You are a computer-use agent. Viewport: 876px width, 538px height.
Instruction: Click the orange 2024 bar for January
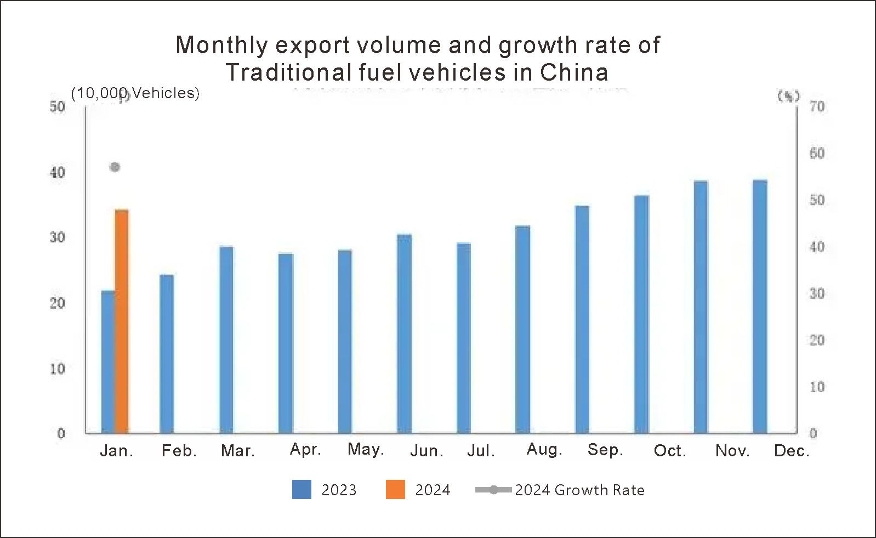pos(122,321)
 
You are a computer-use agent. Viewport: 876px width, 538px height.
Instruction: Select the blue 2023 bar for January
pos(107,362)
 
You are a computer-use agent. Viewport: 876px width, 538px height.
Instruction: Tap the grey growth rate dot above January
pos(115,167)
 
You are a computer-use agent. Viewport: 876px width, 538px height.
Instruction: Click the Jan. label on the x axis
pos(116,451)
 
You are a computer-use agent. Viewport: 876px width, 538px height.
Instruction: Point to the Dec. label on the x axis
pos(791,451)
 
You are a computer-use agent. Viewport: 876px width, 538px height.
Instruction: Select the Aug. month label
pos(544,450)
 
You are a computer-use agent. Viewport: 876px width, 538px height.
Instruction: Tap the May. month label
pos(366,450)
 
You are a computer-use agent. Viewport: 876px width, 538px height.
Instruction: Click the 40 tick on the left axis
pos(58,173)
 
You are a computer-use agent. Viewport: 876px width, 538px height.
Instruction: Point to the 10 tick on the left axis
pos(58,369)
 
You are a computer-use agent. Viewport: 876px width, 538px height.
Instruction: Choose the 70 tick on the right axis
pos(817,106)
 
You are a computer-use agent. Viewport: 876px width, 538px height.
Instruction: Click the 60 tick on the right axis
pos(817,154)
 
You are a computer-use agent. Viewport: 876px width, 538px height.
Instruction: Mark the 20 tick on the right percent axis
pos(817,341)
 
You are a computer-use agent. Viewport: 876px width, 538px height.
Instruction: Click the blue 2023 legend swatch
pos(302,489)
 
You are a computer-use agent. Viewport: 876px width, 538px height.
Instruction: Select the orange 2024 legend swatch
pos(395,489)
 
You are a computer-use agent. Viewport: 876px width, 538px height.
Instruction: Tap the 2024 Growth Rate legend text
pos(579,490)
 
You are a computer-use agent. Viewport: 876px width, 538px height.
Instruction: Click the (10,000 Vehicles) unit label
pos(135,93)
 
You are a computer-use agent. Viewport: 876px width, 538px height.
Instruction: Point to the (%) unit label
pos(788,97)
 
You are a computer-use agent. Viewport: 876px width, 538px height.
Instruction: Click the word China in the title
pos(574,72)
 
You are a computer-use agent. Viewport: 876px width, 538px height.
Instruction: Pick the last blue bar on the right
pos(760,307)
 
